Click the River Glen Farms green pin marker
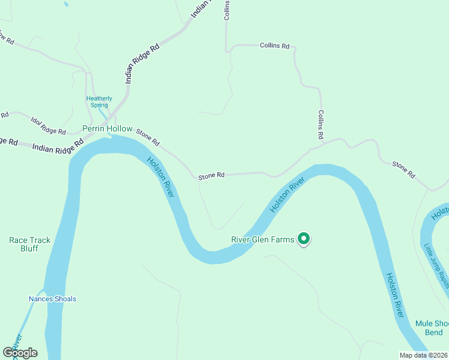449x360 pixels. point(304,239)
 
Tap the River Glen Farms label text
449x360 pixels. point(263,240)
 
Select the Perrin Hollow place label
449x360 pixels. point(107,128)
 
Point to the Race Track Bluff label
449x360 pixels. point(29,244)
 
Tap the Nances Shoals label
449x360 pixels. point(52,299)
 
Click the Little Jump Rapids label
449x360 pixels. point(436,265)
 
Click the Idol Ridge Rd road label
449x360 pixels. point(48,127)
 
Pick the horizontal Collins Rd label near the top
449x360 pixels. point(275,46)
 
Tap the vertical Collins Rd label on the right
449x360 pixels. point(322,125)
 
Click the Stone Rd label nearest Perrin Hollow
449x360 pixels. point(148,137)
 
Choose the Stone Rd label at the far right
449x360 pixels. point(403,170)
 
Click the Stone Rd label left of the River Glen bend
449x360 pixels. point(211,175)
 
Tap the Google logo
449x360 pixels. point(20,353)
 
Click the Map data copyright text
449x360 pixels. point(424,355)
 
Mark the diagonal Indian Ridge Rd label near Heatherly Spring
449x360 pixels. point(142,62)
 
